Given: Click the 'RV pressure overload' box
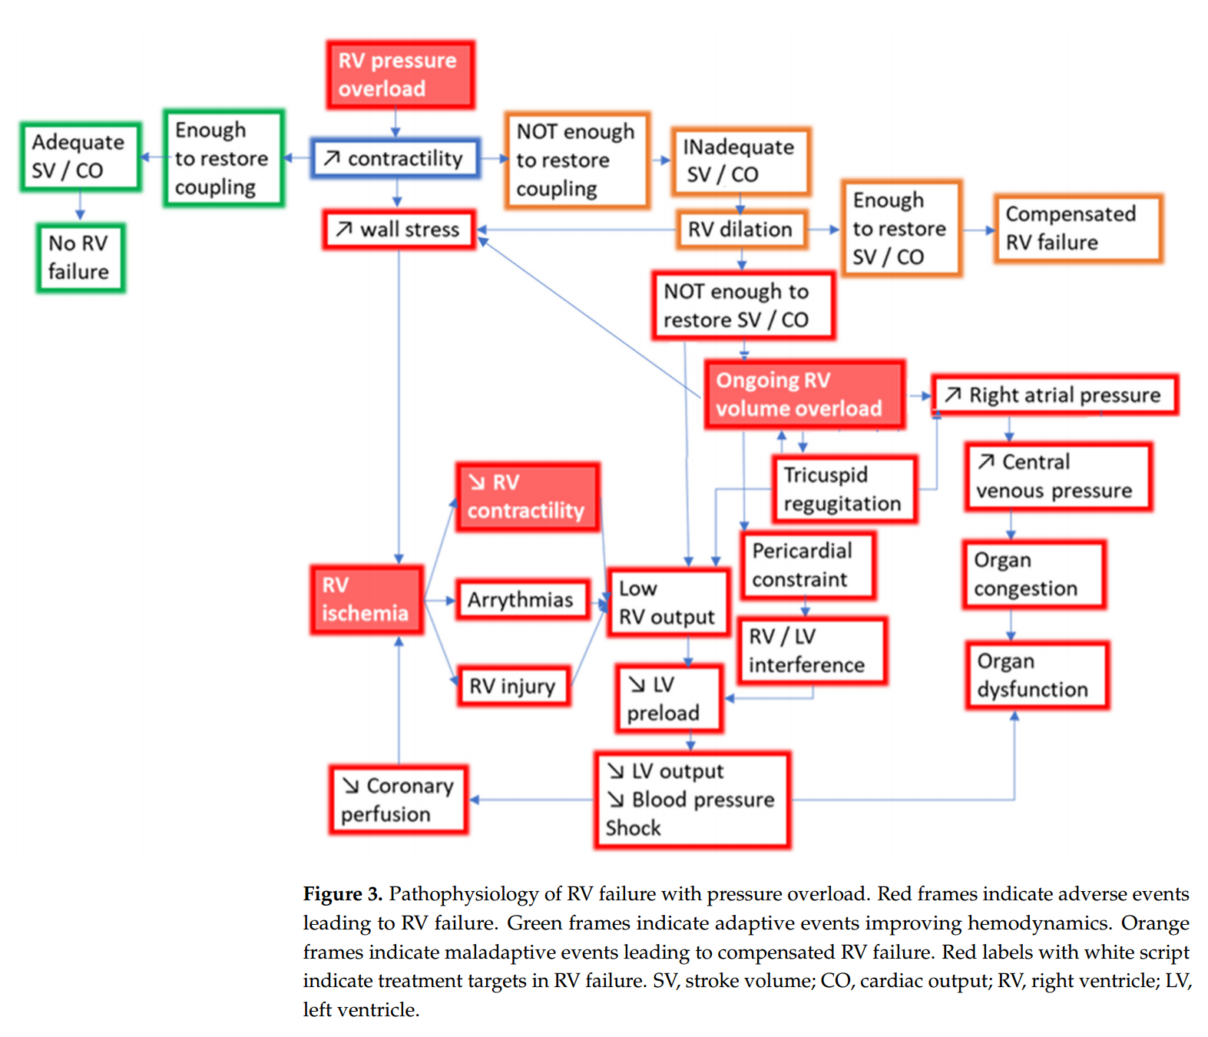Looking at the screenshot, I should click(x=399, y=75).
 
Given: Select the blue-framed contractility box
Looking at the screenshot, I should click(x=395, y=158).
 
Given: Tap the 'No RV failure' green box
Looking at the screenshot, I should click(x=80, y=258).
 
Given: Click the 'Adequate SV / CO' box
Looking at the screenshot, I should click(x=80, y=157).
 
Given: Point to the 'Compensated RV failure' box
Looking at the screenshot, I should click(x=1077, y=228).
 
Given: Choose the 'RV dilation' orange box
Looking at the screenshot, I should click(x=741, y=229).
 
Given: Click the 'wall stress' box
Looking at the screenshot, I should click(x=399, y=229).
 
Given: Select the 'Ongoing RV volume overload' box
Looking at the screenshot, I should click(x=804, y=394).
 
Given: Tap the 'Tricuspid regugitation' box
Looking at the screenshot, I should click(x=844, y=489).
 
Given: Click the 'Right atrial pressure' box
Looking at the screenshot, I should click(x=1054, y=395).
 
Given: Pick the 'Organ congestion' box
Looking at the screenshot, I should click(x=1034, y=575).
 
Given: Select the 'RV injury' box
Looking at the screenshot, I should click(x=513, y=686).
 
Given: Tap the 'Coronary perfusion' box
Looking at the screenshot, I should click(x=399, y=800).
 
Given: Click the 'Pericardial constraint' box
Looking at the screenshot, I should click(x=808, y=565).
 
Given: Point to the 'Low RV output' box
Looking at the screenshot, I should click(x=667, y=602).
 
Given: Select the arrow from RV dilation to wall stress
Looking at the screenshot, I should click(x=576, y=229).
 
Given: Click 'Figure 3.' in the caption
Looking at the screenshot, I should click(x=343, y=894).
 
